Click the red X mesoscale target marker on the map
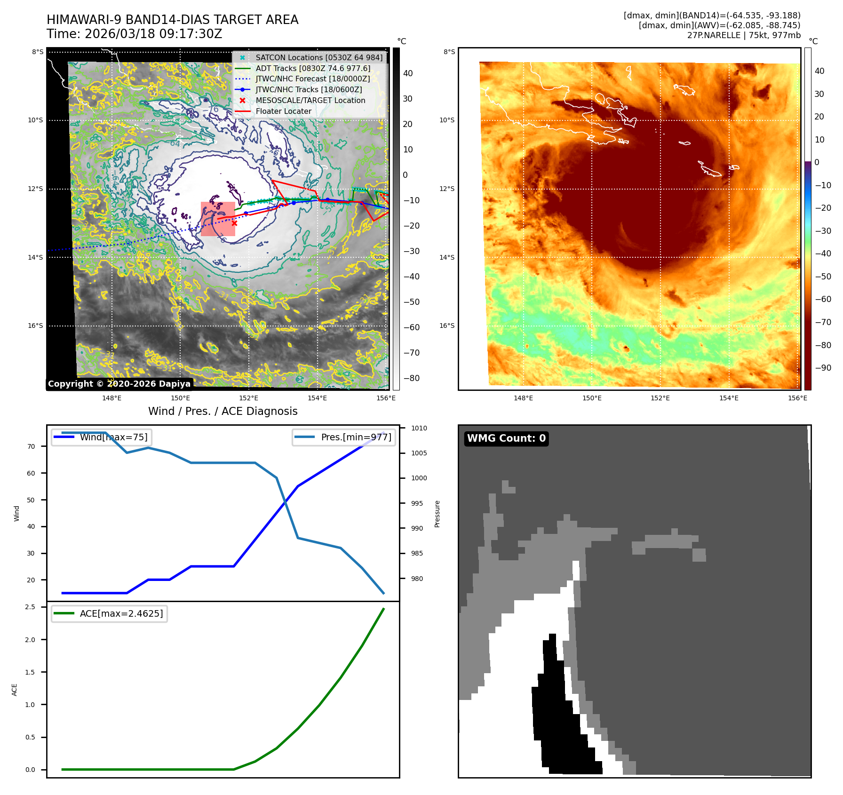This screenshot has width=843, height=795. (234, 223)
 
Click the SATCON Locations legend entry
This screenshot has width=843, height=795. (319, 57)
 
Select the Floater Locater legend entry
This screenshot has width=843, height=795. (283, 111)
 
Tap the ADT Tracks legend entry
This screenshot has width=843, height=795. (313, 68)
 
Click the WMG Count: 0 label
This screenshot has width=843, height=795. (506, 438)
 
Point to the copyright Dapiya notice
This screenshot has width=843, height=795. (119, 384)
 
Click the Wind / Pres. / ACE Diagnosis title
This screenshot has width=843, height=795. (223, 411)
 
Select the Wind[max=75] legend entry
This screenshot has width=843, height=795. (113, 437)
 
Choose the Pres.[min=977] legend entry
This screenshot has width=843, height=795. (356, 437)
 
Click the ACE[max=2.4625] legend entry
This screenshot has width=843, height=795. (121, 613)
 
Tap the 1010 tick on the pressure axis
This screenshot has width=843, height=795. (419, 428)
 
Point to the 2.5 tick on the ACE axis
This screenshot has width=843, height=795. (30, 607)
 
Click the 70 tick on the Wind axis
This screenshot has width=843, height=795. (31, 446)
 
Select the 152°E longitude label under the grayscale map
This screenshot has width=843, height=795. (248, 398)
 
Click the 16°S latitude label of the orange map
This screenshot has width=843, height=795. (447, 326)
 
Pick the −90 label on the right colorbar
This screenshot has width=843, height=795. (823, 368)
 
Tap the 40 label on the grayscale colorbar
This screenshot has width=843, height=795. (408, 73)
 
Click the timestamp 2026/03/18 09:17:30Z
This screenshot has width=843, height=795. (153, 34)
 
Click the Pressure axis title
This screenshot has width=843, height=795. (437, 514)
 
